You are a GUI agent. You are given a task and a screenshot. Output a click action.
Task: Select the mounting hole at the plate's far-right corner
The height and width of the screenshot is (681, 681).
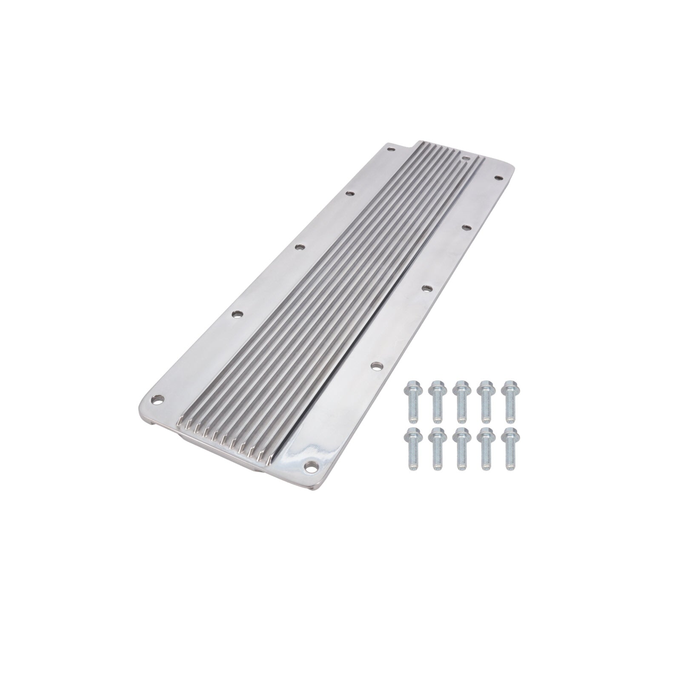(496, 179)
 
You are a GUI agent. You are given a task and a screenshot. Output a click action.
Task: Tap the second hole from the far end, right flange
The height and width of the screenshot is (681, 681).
(465, 227)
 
